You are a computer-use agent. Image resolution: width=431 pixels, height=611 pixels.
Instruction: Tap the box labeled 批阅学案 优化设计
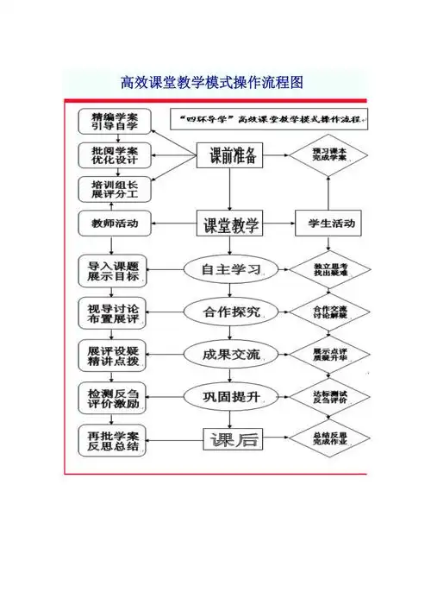coord(112,155)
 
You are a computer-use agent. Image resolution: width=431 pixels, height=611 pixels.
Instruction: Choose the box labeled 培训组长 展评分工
coord(112,189)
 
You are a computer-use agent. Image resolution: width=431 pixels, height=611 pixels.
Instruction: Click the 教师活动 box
coord(112,224)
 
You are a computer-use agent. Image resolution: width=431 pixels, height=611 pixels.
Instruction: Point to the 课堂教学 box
coord(230,225)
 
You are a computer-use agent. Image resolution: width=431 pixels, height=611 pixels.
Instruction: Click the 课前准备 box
coord(230,156)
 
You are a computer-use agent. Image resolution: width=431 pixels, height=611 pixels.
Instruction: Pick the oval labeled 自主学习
coord(230,269)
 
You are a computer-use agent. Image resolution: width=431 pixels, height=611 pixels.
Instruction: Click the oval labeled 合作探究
coord(230,312)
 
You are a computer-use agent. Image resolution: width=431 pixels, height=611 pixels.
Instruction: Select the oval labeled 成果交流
coord(230,354)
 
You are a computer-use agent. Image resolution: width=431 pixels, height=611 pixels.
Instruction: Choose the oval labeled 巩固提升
coord(230,396)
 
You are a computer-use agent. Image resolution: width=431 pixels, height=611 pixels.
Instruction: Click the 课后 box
coord(230,439)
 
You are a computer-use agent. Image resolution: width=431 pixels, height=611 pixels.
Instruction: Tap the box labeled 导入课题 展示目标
coord(112,270)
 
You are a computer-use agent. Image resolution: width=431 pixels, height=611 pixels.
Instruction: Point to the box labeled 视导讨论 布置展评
coord(112,312)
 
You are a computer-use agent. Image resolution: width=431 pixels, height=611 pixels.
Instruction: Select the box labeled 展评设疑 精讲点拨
coord(112,355)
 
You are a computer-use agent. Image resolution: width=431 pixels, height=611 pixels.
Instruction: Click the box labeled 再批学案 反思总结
coord(112,440)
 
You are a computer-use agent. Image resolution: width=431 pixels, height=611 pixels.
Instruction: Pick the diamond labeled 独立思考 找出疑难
coord(329,269)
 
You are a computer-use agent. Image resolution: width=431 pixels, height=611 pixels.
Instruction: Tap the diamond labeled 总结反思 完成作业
coord(329,439)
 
